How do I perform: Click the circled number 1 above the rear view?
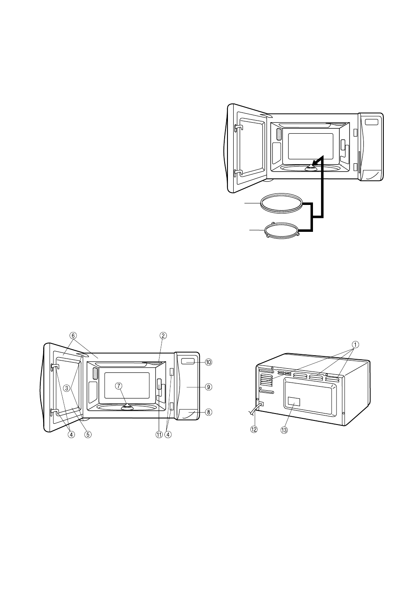coord(355,344)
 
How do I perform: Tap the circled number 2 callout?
coord(162,336)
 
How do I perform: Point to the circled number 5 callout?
coord(87,434)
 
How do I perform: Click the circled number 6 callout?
coord(73,336)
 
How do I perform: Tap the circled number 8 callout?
coord(208,412)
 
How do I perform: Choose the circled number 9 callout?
coord(208,387)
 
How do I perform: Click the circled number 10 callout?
coord(208,362)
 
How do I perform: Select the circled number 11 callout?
coord(159,434)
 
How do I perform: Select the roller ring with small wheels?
coord(282,230)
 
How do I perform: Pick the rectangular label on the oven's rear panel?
coord(293,402)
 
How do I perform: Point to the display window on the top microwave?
coord(371,122)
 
